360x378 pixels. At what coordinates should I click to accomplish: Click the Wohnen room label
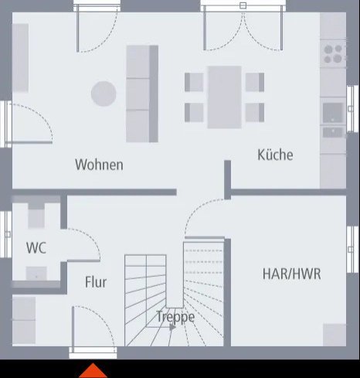point(99,165)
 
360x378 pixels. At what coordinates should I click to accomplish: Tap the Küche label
point(275,155)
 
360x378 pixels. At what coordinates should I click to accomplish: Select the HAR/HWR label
point(291,274)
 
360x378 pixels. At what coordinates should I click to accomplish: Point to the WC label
point(36,249)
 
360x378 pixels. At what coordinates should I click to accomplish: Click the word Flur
point(96,283)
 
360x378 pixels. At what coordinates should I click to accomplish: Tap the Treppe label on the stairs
point(175,316)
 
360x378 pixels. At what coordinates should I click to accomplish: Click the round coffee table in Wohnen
point(104,94)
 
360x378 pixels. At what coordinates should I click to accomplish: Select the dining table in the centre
point(225,97)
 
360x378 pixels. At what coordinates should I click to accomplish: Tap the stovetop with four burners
point(333,53)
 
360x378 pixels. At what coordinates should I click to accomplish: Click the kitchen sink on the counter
point(333,112)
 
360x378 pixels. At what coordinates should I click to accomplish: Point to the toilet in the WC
point(36,216)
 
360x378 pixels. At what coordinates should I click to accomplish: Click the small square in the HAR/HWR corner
point(335,335)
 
